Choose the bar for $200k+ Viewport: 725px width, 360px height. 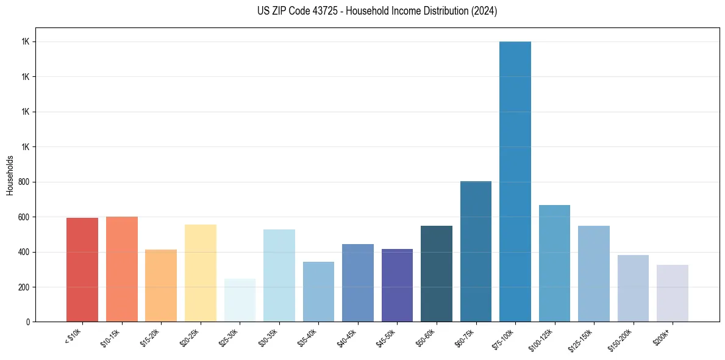tap(672, 293)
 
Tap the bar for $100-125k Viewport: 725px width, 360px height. tap(554, 263)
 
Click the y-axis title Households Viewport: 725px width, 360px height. tap(10, 175)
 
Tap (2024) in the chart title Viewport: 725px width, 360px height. tap(484, 11)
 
